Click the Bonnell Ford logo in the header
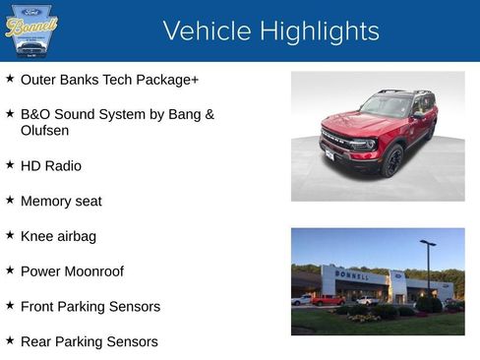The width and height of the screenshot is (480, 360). pos(31,30)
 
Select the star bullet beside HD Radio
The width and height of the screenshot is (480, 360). pos(10,164)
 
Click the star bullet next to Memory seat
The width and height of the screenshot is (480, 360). pos(10,200)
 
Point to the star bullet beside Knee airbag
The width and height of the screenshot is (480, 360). pos(10,235)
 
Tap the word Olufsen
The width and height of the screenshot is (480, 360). pos(45,130)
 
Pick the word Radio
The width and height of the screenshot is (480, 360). pos(63,165)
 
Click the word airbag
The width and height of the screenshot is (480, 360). pos(76,236)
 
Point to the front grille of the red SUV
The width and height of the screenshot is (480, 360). pos(338,141)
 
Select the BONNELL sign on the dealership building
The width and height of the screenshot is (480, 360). pos(352,275)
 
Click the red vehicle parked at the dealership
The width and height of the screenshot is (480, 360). pos(328,300)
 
